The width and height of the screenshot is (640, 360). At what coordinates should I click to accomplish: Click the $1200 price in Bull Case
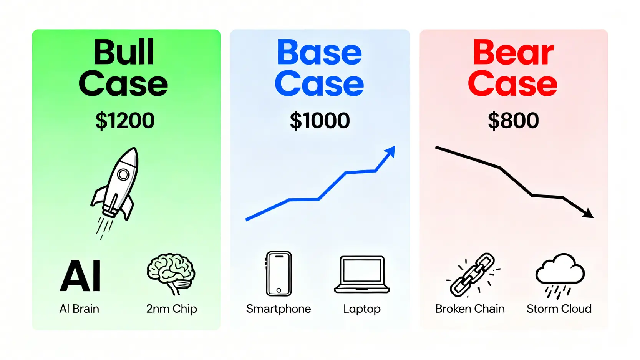(x=125, y=121)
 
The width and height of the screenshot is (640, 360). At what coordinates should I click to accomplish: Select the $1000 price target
(x=320, y=121)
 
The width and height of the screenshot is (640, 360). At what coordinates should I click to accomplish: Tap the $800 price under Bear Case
(x=513, y=121)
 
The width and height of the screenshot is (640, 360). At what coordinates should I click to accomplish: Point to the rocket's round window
(x=123, y=174)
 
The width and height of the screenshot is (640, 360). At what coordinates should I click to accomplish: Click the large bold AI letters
(x=80, y=276)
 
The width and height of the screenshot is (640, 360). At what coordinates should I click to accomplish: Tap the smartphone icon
(x=279, y=274)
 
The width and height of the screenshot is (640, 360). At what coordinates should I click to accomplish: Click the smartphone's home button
(x=279, y=290)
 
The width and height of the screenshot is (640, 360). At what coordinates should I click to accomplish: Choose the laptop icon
(x=362, y=275)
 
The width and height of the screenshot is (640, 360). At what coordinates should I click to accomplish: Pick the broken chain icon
(x=473, y=275)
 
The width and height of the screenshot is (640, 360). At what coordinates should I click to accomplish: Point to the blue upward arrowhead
(x=391, y=151)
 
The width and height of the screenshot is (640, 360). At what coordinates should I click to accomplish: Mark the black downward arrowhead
(x=589, y=214)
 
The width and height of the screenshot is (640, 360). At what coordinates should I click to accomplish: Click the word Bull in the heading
(x=124, y=52)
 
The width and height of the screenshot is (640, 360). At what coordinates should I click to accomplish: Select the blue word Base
(x=319, y=52)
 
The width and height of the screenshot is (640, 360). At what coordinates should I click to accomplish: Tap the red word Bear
(x=513, y=52)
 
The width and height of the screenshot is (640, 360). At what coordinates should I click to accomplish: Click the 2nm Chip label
(x=171, y=309)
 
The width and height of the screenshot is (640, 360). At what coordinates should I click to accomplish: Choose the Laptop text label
(x=362, y=309)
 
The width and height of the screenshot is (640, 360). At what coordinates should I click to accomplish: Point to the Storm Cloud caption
(x=559, y=309)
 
